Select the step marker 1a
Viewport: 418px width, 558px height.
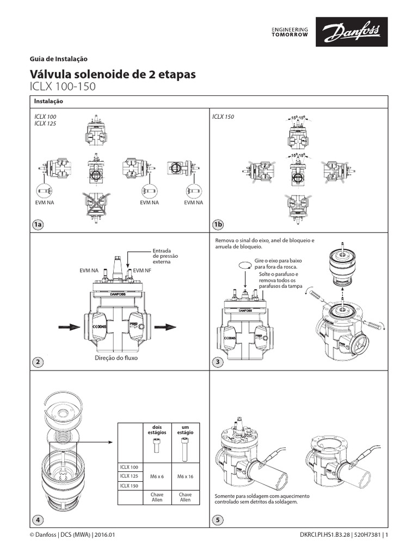click(37, 225)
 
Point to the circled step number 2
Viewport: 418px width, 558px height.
click(37, 362)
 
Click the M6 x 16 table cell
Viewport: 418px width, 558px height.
click(185, 476)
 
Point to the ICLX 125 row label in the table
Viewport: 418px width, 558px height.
click(129, 476)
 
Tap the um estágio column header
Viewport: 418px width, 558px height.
click(185, 429)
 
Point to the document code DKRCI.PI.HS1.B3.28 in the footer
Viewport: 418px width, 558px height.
click(330, 536)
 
